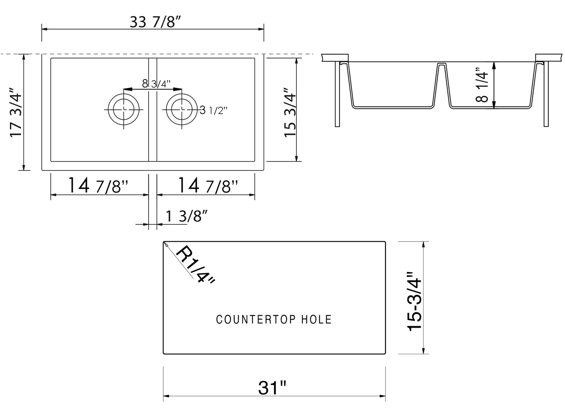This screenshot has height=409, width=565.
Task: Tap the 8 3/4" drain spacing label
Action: click(x=156, y=84)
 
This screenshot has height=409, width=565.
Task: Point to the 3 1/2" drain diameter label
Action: click(x=213, y=111)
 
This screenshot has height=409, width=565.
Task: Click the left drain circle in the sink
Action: click(x=124, y=109)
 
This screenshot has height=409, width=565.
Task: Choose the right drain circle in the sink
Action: click(x=181, y=109)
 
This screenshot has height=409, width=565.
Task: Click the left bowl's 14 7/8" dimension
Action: click(x=99, y=185)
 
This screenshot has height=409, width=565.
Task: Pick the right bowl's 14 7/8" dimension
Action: click(x=208, y=185)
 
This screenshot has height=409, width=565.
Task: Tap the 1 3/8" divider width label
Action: click(x=186, y=216)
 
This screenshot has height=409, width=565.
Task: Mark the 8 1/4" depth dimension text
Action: click(x=482, y=87)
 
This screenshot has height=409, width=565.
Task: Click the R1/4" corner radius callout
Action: click(x=194, y=264)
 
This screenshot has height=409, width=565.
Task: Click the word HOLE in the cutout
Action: click(x=316, y=319)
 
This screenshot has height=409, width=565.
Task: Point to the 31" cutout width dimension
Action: click(x=272, y=387)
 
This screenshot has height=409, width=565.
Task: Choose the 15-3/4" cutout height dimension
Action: click(x=415, y=301)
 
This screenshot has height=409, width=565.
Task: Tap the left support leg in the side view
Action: click(x=337, y=94)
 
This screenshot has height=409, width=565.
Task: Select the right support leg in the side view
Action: click(x=546, y=94)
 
